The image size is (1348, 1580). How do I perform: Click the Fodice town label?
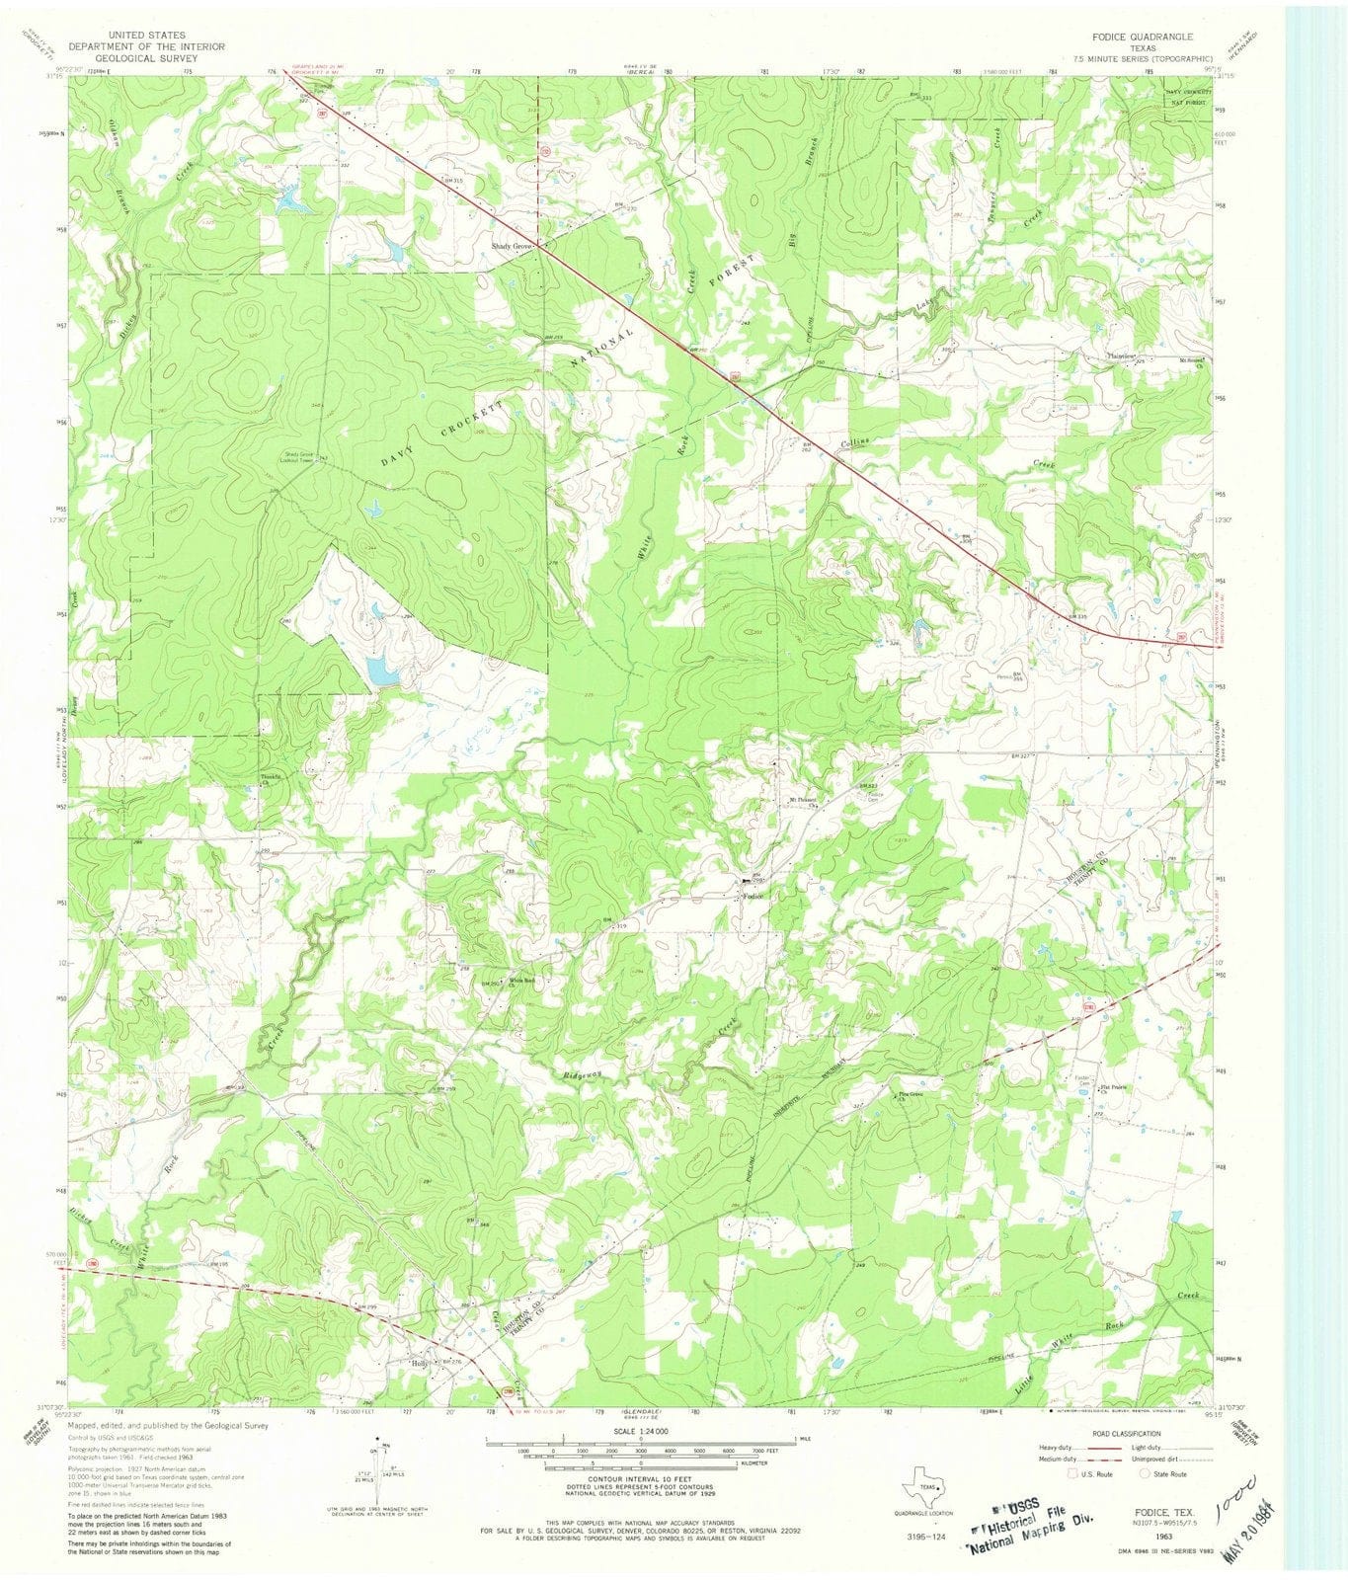click(754, 896)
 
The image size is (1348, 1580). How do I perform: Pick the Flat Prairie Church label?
click(1113, 1090)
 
